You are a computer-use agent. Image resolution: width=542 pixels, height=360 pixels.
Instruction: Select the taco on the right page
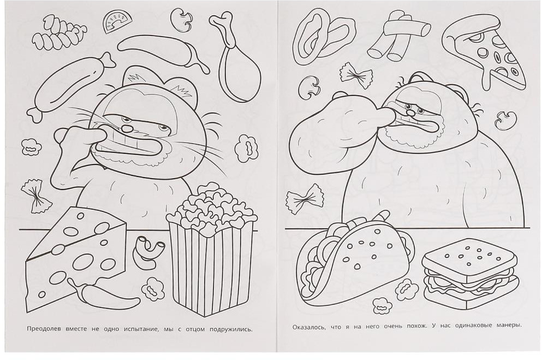click(356, 263)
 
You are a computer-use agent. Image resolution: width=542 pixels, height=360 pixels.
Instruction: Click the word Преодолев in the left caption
click(44, 329)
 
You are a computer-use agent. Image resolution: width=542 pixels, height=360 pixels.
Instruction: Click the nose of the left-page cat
click(128, 128)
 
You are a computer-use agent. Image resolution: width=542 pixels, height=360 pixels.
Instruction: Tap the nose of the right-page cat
click(409, 113)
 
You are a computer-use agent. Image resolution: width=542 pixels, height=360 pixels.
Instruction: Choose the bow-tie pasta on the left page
click(33, 196)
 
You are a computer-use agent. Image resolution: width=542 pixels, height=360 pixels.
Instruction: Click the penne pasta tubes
click(397, 34)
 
